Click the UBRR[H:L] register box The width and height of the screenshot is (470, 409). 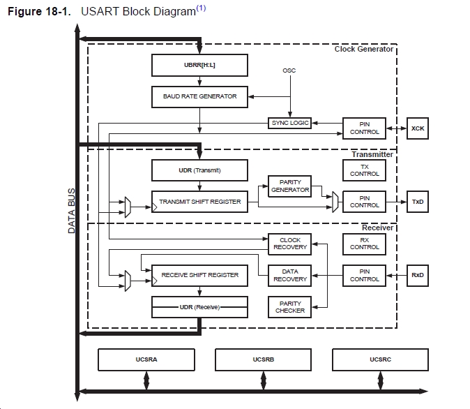point(199,65)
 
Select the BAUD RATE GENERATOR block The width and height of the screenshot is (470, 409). point(199,96)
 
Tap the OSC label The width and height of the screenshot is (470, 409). point(289,70)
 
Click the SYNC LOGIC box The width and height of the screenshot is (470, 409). point(289,123)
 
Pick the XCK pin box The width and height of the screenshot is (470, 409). point(418,128)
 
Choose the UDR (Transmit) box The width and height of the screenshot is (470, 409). point(199,170)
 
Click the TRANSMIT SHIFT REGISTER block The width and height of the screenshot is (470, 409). point(199,202)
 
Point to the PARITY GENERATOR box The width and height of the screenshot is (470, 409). point(289,186)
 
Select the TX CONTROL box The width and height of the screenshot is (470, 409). point(365,170)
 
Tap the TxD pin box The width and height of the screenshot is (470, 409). point(418,202)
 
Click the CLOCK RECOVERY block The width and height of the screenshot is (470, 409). point(289,244)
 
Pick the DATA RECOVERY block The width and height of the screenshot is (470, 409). point(289,275)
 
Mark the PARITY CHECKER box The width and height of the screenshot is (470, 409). point(289,306)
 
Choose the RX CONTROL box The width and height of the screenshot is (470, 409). point(365,244)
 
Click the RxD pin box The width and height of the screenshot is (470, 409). point(418,275)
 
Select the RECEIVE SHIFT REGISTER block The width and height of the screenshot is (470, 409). point(199,275)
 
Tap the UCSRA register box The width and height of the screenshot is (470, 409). point(146,359)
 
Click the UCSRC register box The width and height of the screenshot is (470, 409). point(381,359)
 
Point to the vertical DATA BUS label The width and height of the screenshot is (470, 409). point(71,210)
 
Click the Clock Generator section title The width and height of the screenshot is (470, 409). point(364,49)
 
